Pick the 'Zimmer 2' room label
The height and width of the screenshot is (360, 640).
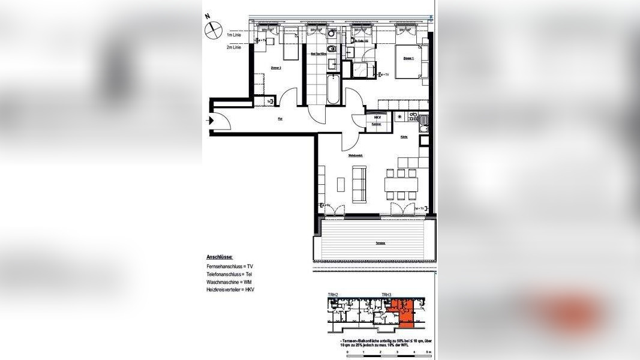coord(276,68)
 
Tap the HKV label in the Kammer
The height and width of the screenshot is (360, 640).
coord(377,118)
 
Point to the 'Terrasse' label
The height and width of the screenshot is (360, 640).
coord(380,243)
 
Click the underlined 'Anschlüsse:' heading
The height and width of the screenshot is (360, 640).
coord(220,256)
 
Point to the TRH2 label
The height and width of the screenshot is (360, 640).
coord(333,295)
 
